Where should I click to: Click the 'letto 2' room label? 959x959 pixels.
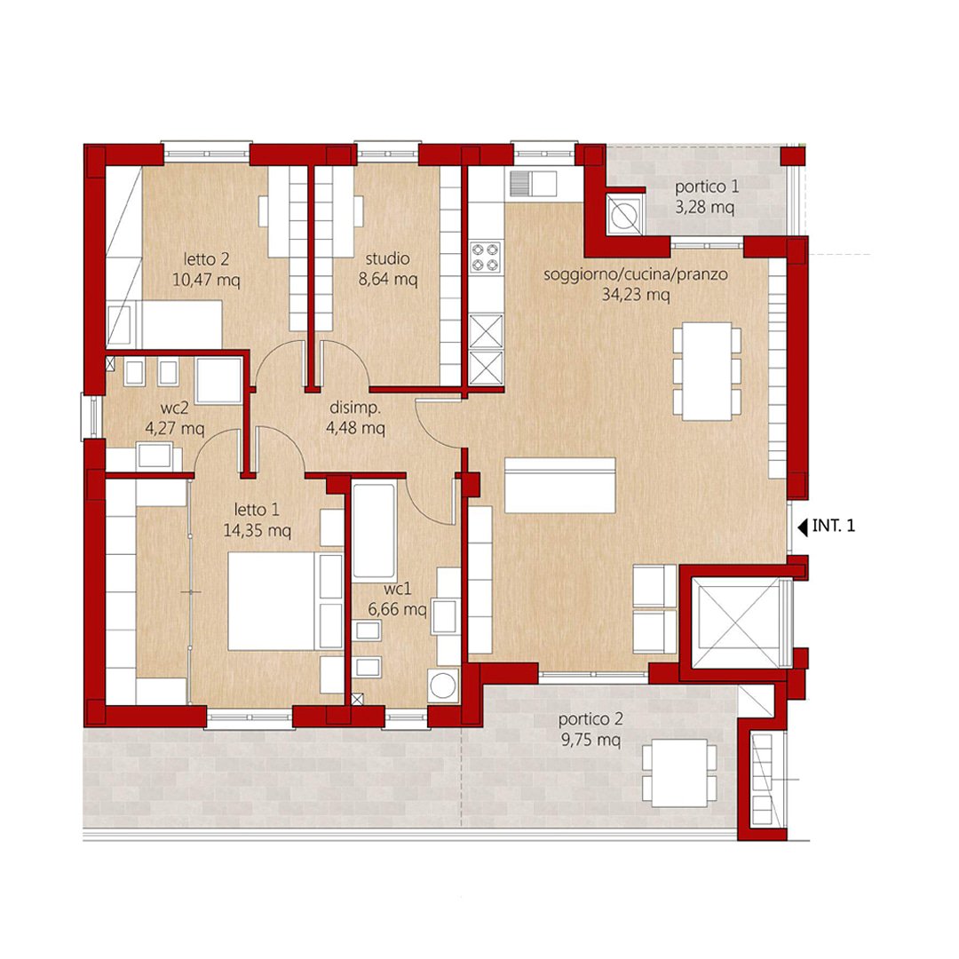point(207,259)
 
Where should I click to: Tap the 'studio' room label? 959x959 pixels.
point(388,258)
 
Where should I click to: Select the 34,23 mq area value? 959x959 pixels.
point(636,295)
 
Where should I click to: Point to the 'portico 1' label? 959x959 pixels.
point(707,186)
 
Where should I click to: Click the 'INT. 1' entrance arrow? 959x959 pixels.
point(803,526)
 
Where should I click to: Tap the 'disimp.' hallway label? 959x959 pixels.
point(355,408)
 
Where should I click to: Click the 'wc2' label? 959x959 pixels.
point(175,408)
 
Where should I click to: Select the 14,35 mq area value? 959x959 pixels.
point(257,530)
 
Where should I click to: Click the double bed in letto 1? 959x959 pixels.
point(286,601)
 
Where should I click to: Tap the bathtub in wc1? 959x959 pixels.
point(375,531)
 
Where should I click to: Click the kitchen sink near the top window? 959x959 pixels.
point(534,183)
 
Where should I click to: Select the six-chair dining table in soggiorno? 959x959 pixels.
point(708,372)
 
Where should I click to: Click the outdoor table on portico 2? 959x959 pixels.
point(679,773)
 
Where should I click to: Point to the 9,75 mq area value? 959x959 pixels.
point(590,740)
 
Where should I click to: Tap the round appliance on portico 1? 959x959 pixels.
point(624,215)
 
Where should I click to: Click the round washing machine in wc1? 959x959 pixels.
point(443,685)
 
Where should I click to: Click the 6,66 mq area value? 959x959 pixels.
point(398,610)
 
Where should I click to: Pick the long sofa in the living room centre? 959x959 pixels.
point(559,485)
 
